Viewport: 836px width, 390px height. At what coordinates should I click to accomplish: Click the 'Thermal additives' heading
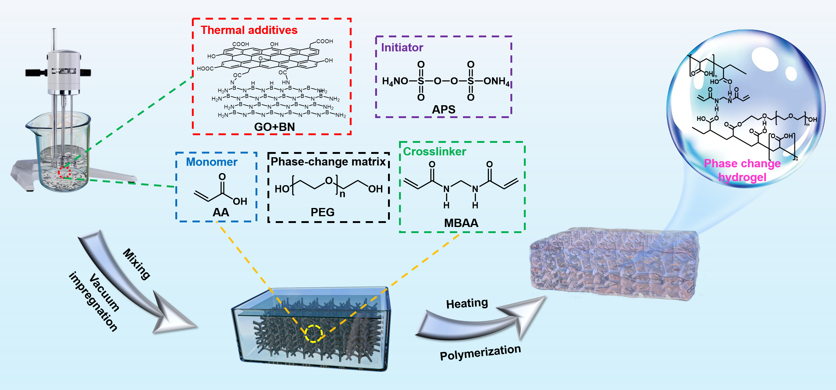pos(249,30)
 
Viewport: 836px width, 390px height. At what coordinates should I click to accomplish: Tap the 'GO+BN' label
pos(274,127)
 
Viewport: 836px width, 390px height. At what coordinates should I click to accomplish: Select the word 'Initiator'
pos(402,48)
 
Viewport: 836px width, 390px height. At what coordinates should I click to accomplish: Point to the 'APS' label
pos(443,109)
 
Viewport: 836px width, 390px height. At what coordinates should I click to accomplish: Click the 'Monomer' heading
pos(211,162)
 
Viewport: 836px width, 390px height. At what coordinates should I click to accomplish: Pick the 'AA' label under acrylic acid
pos(221,213)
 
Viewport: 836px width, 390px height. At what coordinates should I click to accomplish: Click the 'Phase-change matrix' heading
pos(328,162)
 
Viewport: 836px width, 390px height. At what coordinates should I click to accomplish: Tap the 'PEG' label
pos(322,212)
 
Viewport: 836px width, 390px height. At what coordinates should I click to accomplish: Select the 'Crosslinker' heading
pos(434,151)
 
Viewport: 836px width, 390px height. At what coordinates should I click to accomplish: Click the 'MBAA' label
pos(461,223)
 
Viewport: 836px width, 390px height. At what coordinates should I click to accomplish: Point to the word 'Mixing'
pos(136,264)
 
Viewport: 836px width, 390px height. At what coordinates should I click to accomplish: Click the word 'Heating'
pos(467,303)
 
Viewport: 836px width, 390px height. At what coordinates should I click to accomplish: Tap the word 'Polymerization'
pos(480,352)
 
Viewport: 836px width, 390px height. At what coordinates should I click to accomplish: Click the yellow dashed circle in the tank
pos(313,333)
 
